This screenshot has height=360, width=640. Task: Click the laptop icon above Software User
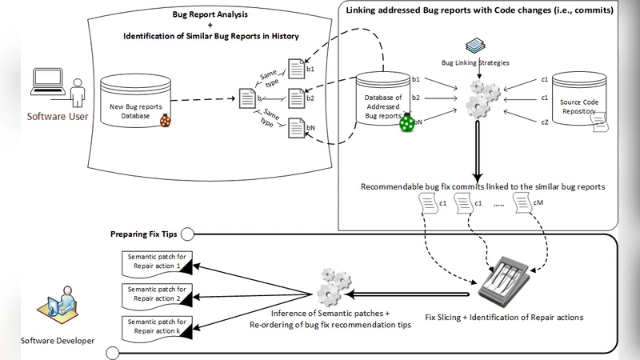(x=46, y=82)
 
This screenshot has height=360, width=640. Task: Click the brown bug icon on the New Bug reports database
(x=166, y=120)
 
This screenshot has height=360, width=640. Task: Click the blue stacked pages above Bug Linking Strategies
(x=476, y=46)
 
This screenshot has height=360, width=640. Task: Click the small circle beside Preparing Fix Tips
(x=186, y=234)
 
